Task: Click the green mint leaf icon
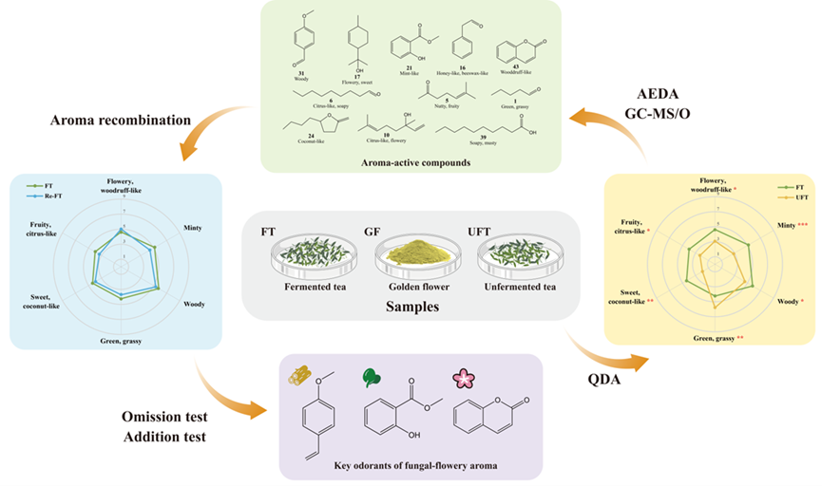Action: [x=373, y=377]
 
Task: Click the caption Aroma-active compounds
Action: [x=416, y=162]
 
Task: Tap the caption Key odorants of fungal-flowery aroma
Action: [x=411, y=467]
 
